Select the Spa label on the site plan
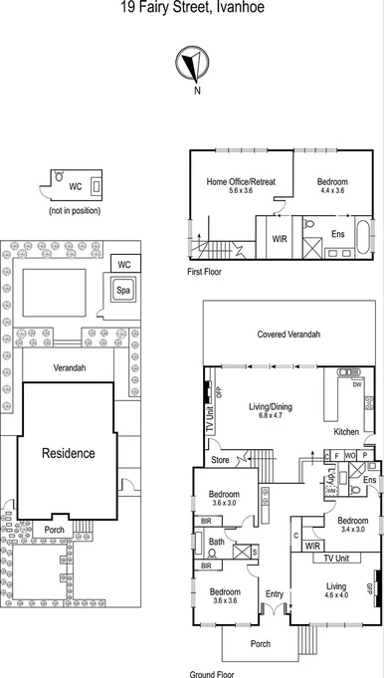[x=123, y=291]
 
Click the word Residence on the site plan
[x=68, y=453]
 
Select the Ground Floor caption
[x=213, y=673]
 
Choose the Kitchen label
[x=345, y=431]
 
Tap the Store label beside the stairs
[x=220, y=460]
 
